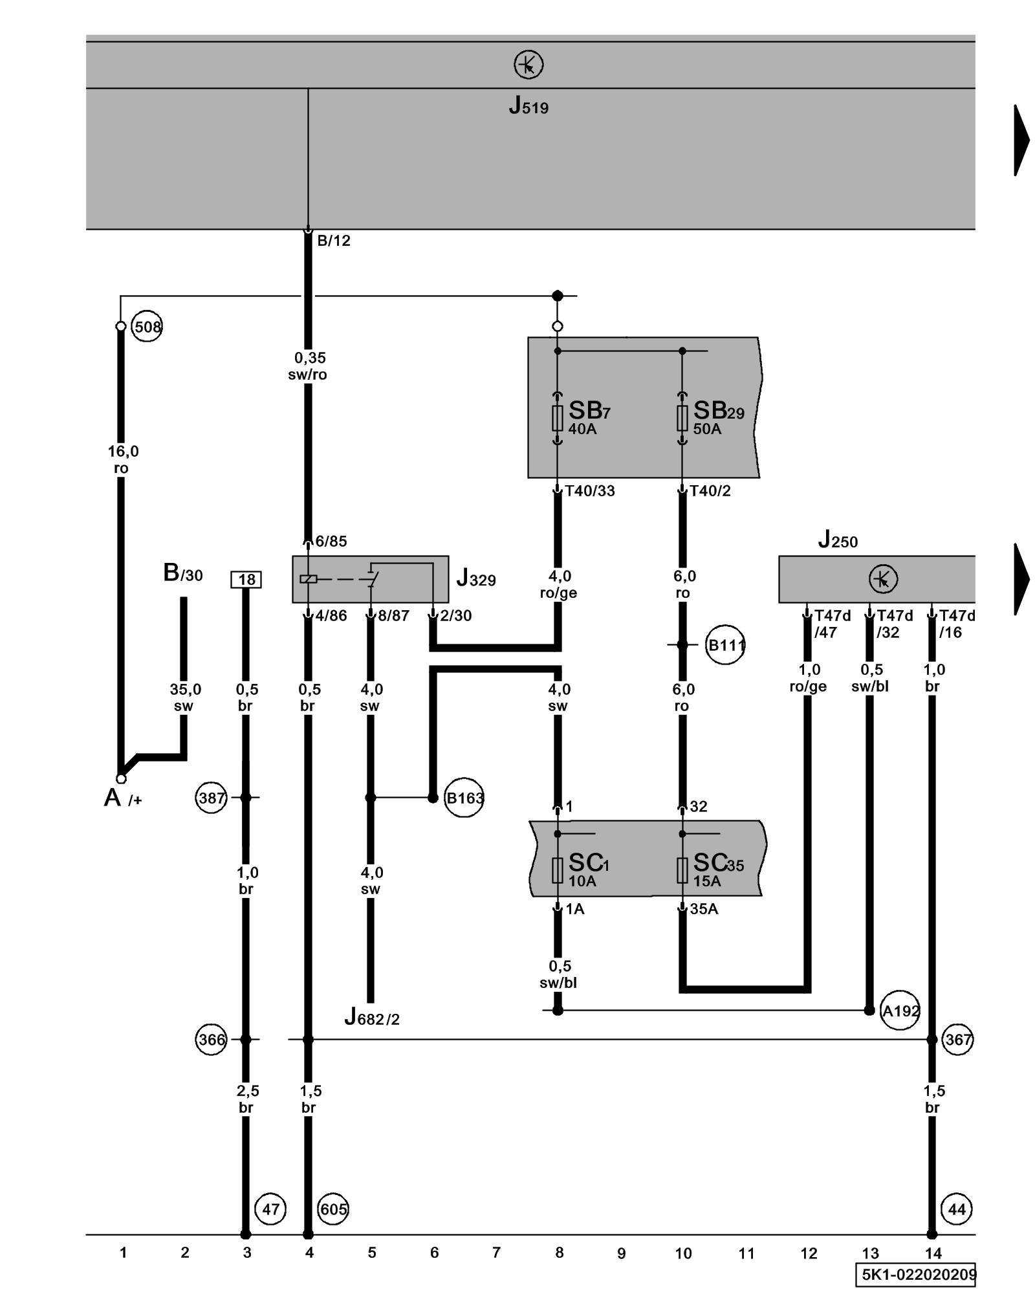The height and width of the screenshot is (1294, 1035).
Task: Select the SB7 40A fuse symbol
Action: tap(557, 418)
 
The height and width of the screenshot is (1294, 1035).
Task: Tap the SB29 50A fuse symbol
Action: tap(682, 418)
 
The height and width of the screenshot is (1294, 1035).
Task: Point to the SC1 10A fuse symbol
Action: tap(557, 870)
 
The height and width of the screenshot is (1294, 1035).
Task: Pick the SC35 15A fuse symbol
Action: tap(682, 870)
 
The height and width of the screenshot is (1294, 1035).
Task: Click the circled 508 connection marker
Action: tap(147, 327)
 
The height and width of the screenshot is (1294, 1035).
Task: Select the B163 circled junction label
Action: tap(464, 798)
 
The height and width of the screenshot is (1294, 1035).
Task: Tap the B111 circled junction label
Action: tap(726, 645)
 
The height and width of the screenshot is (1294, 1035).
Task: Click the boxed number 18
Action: tap(246, 579)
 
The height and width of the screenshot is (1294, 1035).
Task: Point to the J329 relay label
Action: tap(476, 578)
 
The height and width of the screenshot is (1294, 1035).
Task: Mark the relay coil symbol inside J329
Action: tap(309, 578)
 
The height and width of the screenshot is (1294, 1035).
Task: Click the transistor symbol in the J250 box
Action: tap(883, 578)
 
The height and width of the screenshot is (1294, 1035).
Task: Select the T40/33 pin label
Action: tap(589, 491)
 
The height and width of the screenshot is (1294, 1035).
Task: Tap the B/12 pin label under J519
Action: tap(333, 241)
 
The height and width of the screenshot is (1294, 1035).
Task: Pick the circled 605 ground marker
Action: tap(333, 1209)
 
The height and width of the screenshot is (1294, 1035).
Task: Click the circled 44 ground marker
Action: tap(957, 1209)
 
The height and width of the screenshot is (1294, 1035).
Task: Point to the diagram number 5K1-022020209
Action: tap(917, 1275)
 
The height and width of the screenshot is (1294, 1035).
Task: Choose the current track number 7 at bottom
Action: tap(496, 1253)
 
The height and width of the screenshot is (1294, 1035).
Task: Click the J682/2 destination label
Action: tap(371, 1018)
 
